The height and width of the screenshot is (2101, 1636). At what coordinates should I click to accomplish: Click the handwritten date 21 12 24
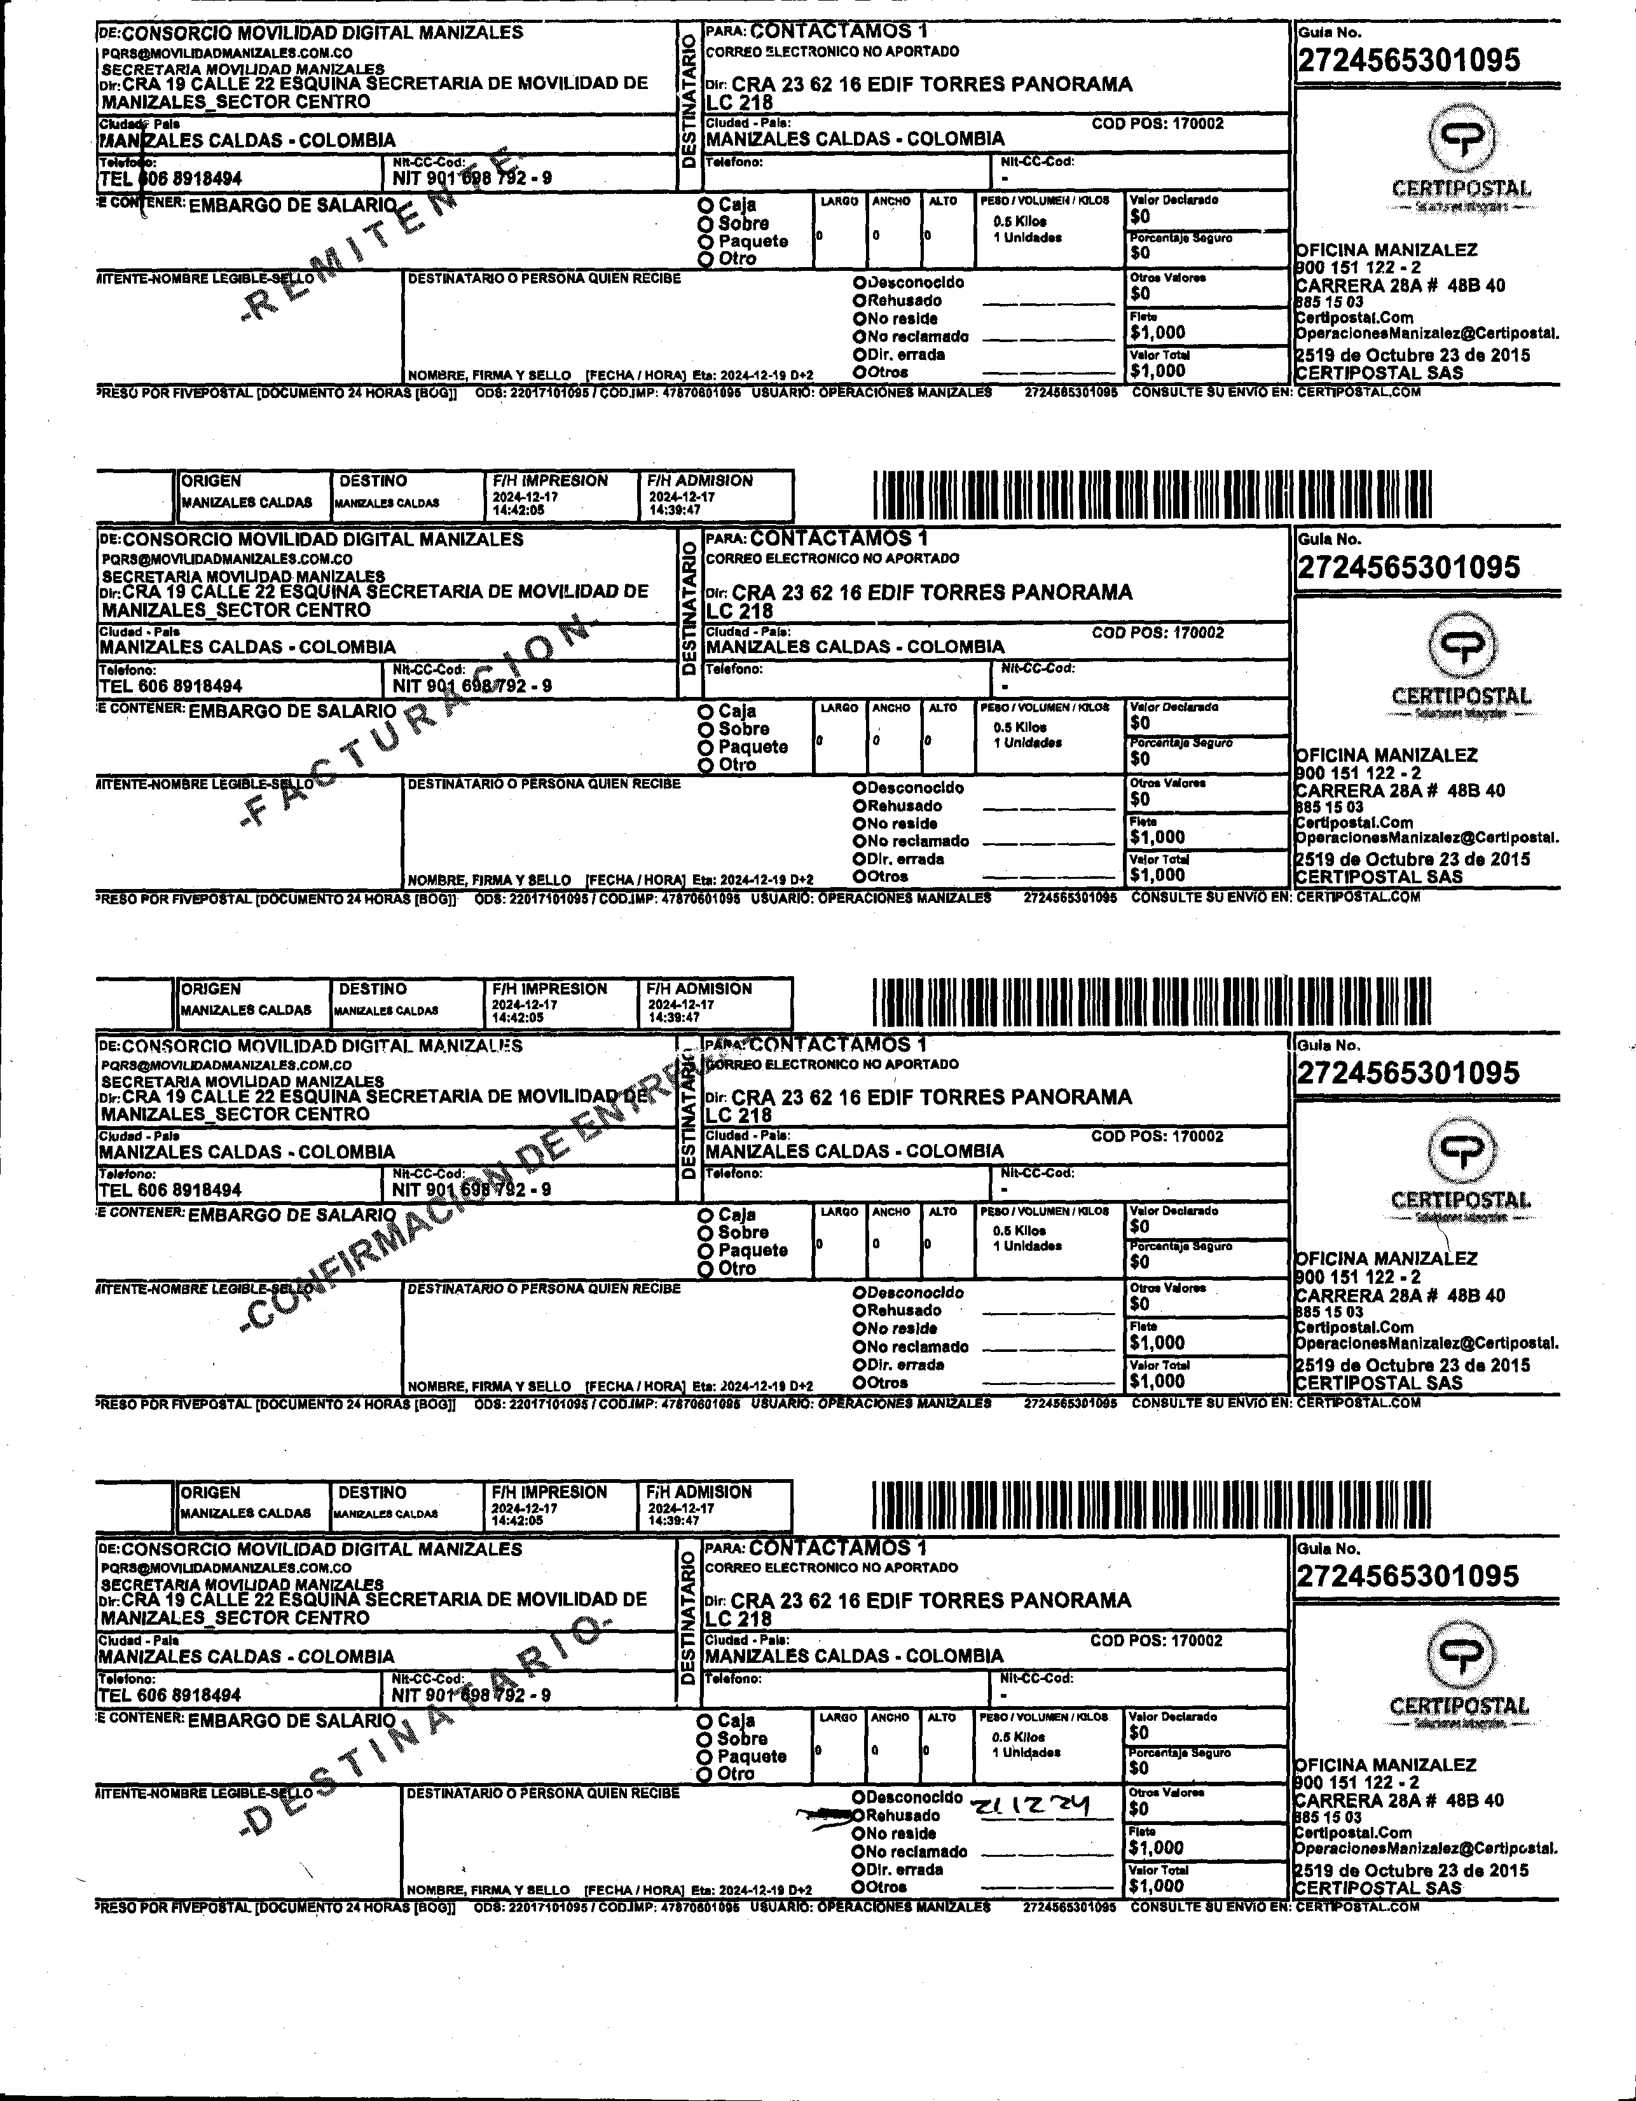pos(1029,1808)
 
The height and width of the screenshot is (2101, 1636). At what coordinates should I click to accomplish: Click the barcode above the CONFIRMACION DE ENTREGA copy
pos(1151,1002)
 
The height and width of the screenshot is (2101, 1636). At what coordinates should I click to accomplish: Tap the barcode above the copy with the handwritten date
pos(1151,1506)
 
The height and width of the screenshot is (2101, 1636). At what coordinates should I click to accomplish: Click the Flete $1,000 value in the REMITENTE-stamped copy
pos(1158,333)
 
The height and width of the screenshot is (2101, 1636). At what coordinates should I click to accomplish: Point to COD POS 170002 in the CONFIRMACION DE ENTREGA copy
pos(1157,1136)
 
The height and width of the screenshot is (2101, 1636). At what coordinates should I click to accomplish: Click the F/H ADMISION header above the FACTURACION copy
pos(699,481)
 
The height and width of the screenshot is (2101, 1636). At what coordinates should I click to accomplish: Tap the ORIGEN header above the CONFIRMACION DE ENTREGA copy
pos(212,989)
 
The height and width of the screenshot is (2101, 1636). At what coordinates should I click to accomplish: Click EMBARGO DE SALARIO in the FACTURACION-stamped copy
pos(291,712)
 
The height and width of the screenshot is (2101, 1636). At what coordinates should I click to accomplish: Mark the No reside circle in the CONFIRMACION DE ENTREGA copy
pos(859,1328)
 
